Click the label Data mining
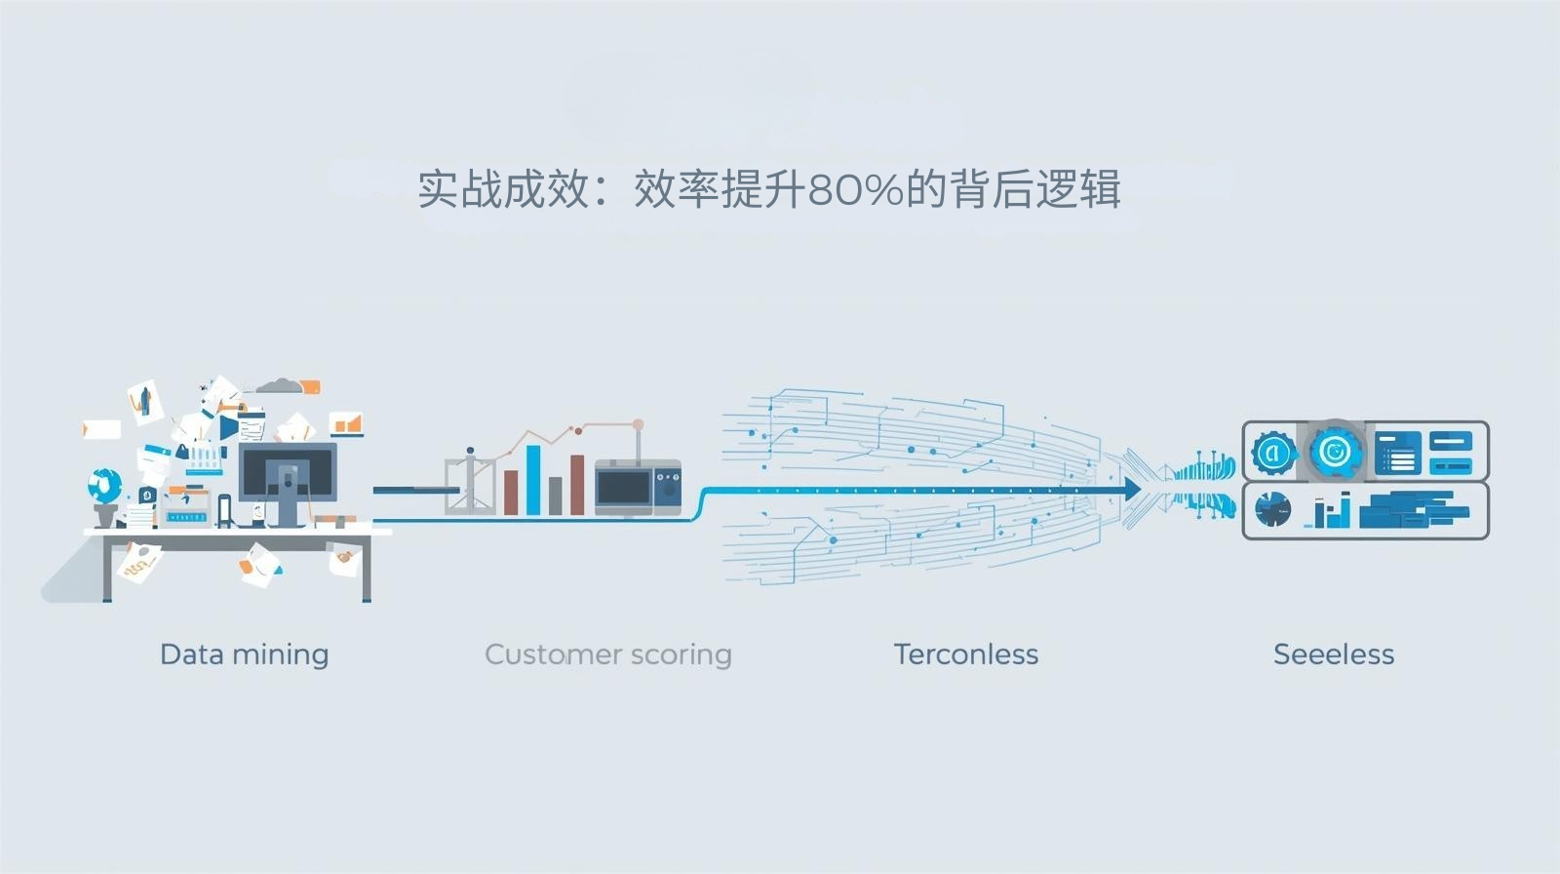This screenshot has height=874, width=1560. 244,654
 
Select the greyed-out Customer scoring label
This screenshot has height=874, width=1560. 607,654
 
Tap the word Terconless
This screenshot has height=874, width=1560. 965,654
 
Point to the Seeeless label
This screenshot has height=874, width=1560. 1333,654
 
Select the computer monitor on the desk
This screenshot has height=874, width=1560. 288,473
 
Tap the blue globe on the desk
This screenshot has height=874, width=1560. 104,484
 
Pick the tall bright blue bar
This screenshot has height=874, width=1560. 533,479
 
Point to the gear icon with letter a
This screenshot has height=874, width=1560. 1272,452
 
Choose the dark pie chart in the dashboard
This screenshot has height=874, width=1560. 1272,509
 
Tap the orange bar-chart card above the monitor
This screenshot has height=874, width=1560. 346,424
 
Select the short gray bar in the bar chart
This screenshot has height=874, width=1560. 555,496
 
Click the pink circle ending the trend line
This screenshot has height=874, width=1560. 638,425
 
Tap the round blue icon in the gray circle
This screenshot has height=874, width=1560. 1335,451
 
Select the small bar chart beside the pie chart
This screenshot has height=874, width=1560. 1332,509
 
